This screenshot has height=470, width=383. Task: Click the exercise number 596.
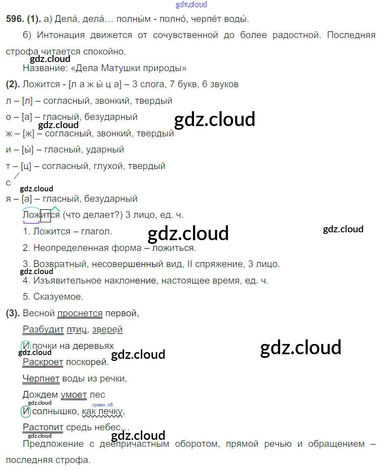[x=14, y=19]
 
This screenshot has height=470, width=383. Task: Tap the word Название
[x=41, y=68]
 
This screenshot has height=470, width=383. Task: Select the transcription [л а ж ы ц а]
[x=93, y=85]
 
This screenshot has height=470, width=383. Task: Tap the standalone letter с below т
[x=8, y=182]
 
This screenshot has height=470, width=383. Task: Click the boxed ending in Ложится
[x=45, y=215]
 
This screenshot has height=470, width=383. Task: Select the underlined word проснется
[x=80, y=313]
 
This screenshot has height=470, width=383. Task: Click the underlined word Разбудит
[x=43, y=329]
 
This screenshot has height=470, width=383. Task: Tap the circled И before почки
[x=26, y=346]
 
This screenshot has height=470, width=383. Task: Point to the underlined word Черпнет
[x=41, y=378]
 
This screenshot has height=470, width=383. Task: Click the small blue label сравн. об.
[x=103, y=405]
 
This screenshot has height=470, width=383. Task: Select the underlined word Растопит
[x=43, y=427]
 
